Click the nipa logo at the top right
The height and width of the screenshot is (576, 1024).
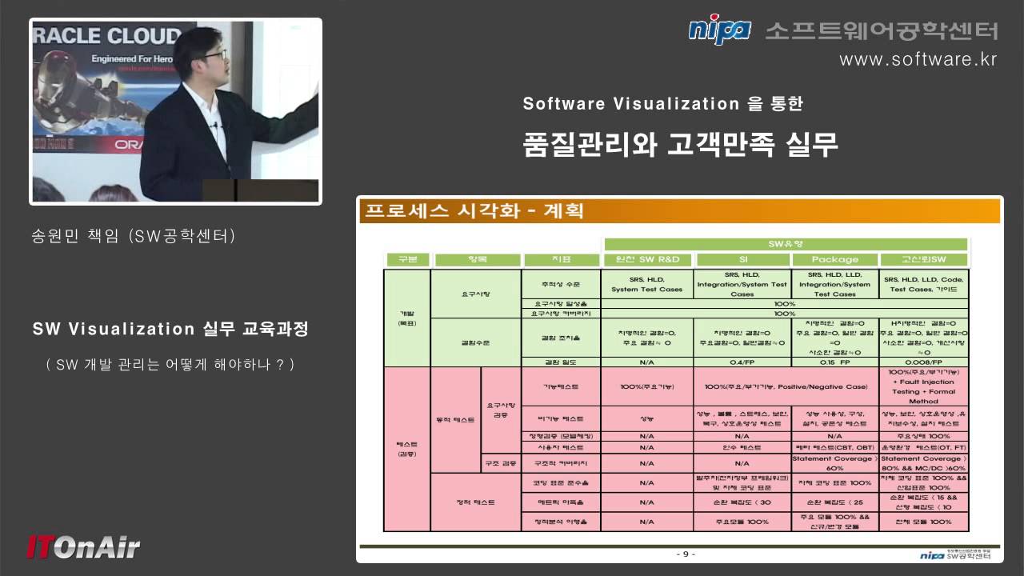pos(719,31)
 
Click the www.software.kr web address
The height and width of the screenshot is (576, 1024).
pos(918,60)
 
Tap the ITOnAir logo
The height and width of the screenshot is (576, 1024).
pos(83,546)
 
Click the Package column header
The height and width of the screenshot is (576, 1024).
pos(834,259)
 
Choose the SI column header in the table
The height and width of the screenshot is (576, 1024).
pos(742,259)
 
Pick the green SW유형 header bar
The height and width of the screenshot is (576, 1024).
pos(786,244)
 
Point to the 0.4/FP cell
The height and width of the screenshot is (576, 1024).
pos(742,362)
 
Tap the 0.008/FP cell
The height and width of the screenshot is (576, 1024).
pos(923,362)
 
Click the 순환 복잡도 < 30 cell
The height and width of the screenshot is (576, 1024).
pos(742,502)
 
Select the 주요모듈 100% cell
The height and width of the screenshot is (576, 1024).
pos(742,522)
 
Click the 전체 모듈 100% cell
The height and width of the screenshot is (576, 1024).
pos(923,522)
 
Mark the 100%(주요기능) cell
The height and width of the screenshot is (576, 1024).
pos(647,387)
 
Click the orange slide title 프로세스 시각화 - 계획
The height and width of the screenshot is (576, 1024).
pos(474,211)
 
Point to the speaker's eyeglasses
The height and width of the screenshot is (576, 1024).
pos(214,55)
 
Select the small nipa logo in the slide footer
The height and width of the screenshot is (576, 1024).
pos(932,554)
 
